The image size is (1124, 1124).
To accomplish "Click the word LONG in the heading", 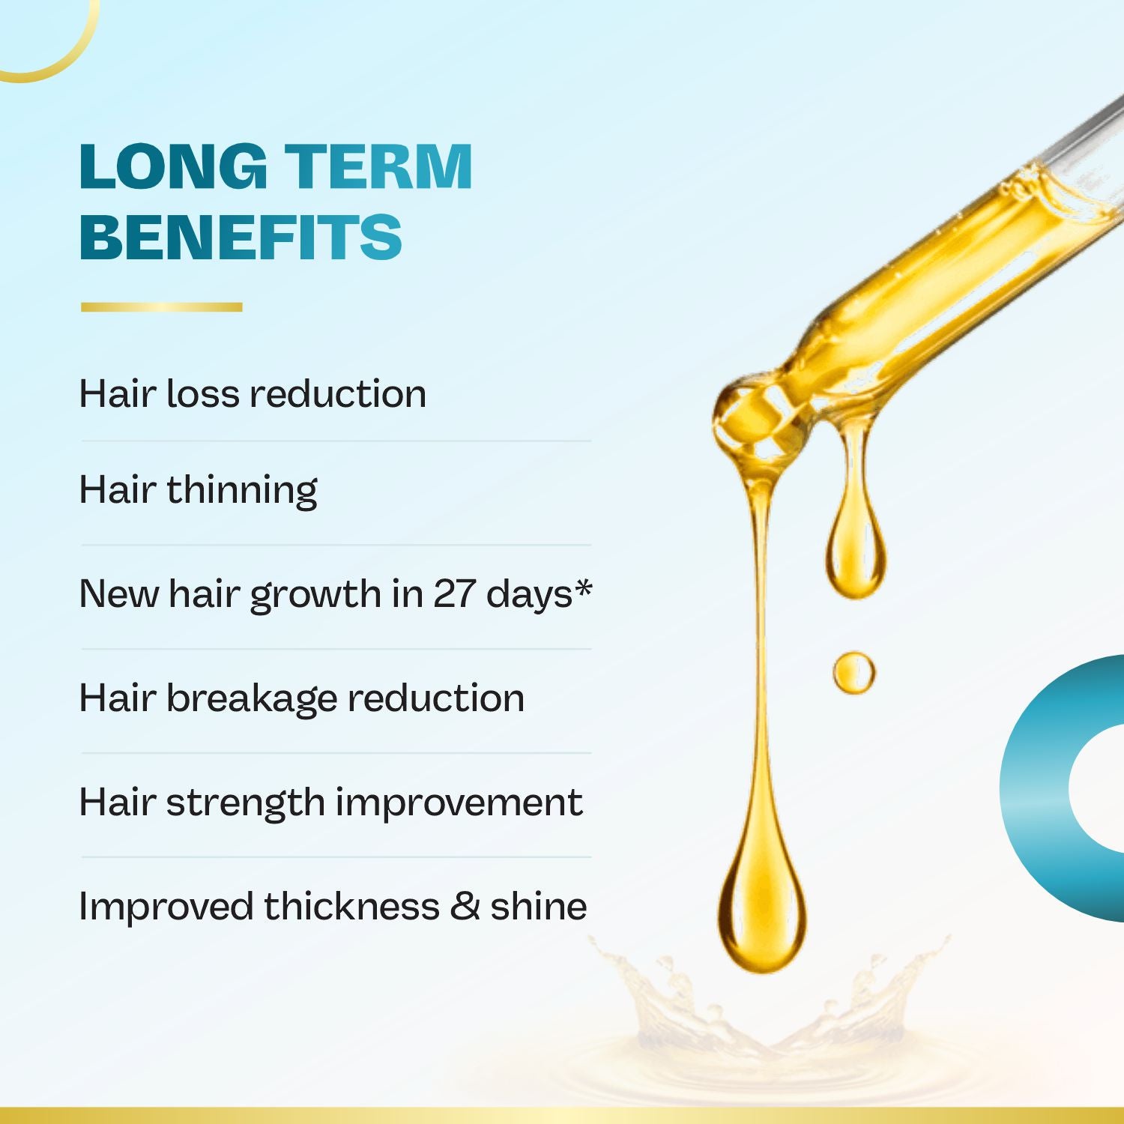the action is pyautogui.click(x=173, y=166).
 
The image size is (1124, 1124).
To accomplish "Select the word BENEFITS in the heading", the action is pyautogui.click(x=241, y=237).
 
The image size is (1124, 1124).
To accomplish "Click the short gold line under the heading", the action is pyautogui.click(x=162, y=306).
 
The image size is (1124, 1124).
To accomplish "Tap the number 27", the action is pyautogui.click(x=455, y=594).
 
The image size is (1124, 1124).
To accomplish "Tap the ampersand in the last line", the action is pyautogui.click(x=465, y=906).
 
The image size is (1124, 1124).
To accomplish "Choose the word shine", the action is pyautogui.click(x=539, y=906).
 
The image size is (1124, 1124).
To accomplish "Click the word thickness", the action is pyautogui.click(x=351, y=906).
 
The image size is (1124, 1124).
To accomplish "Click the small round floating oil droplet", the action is pyautogui.click(x=854, y=672).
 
